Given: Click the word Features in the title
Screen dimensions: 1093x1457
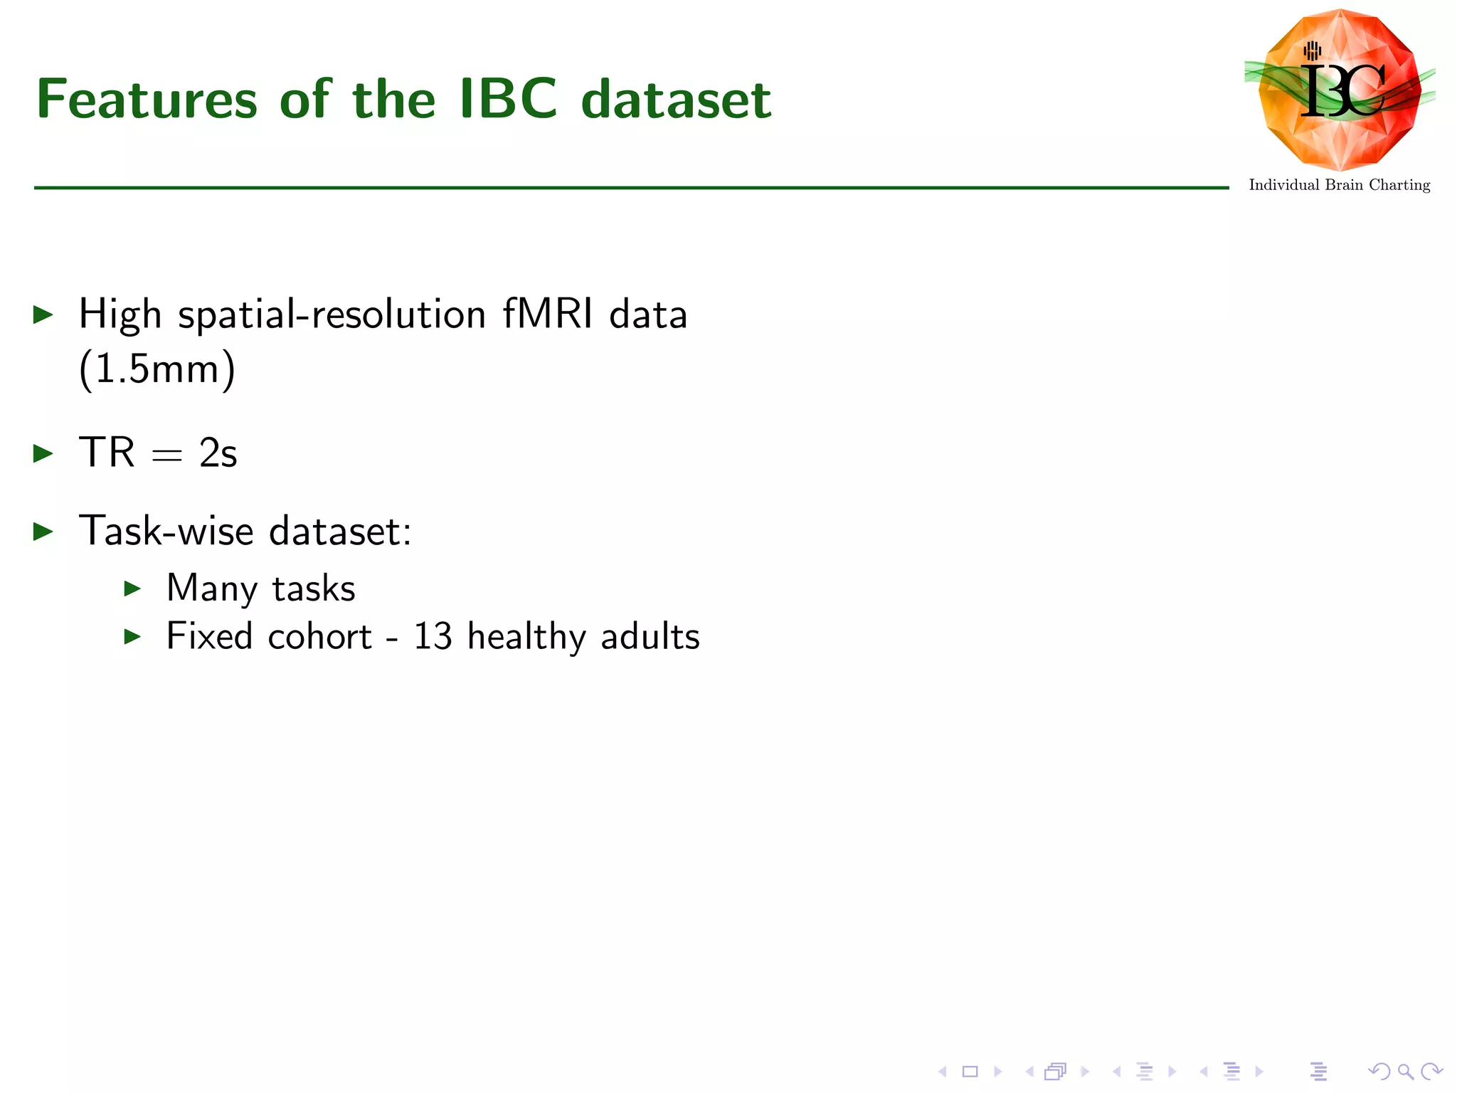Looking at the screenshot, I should (x=147, y=100).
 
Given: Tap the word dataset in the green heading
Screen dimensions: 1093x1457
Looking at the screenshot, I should (x=676, y=100).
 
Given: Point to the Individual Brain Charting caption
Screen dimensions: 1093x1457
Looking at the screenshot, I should (x=1339, y=185).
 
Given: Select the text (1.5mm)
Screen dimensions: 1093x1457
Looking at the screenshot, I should (x=157, y=369).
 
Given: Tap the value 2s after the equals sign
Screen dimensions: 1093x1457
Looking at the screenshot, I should (x=218, y=453).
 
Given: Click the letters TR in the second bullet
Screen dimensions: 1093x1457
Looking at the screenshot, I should (x=107, y=453).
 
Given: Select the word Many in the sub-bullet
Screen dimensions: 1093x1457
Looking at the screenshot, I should (x=211, y=588).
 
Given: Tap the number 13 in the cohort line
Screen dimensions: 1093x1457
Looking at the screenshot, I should (x=433, y=636).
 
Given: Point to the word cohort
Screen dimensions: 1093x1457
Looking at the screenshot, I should (x=319, y=636).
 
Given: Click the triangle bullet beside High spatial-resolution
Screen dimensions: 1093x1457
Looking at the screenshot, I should (x=43, y=315).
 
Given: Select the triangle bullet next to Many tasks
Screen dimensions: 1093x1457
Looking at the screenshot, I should (x=132, y=588).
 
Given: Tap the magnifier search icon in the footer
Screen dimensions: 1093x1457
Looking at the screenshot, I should (x=1405, y=1072).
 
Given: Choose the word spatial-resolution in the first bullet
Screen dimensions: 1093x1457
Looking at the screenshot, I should (x=332, y=315).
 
